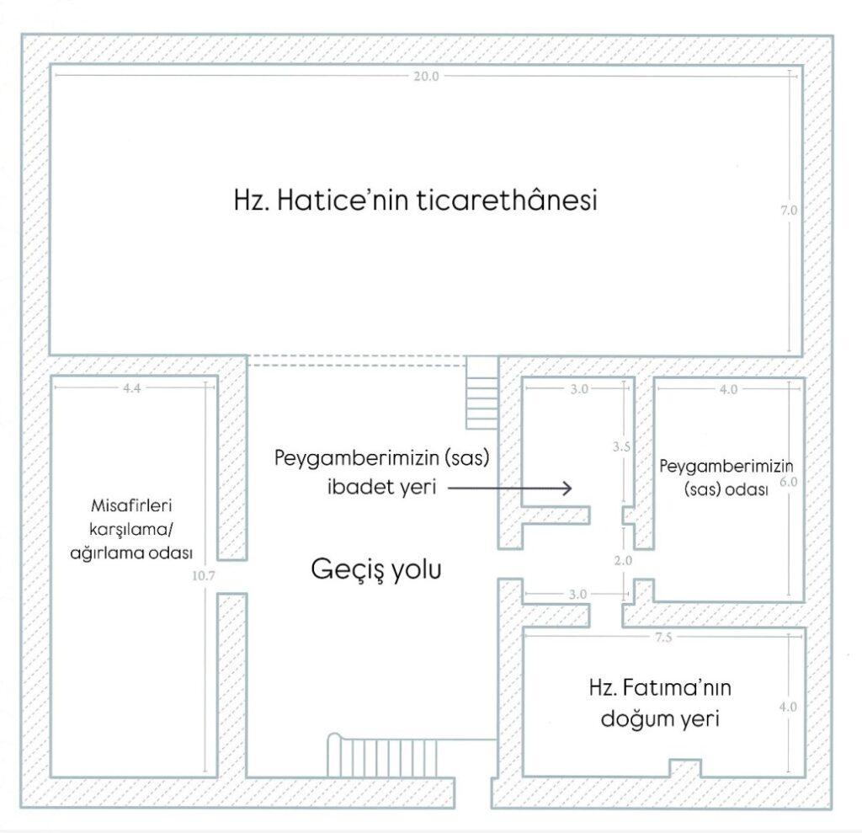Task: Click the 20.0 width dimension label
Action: (x=426, y=76)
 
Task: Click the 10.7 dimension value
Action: (x=205, y=579)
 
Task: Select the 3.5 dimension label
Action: (x=622, y=447)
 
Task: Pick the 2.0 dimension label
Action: (x=623, y=558)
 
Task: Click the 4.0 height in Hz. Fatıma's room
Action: (x=789, y=707)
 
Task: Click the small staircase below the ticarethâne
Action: (x=482, y=394)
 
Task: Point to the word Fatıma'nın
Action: (x=686, y=688)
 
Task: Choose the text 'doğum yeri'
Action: (x=659, y=721)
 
